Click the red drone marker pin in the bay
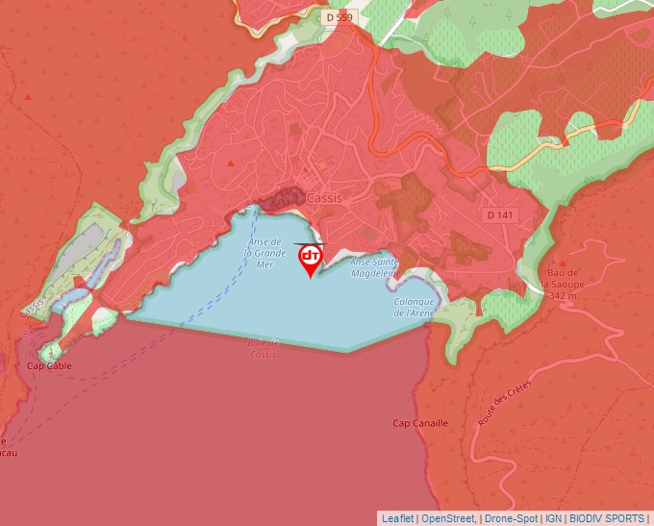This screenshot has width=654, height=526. point(311,259)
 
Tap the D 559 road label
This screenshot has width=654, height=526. point(340,17)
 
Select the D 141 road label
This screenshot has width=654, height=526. point(497,214)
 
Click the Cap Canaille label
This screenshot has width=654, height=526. point(420,423)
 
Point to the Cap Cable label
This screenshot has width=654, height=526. point(48,366)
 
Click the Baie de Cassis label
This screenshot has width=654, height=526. point(262,348)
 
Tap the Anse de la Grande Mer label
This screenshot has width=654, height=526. point(264,252)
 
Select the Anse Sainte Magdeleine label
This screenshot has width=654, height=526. point(374,267)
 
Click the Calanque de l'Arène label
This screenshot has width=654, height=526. point(415,307)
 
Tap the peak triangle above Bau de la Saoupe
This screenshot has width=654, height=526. point(563,262)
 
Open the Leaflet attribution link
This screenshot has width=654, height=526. point(397,518)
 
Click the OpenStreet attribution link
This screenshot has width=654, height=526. point(449,518)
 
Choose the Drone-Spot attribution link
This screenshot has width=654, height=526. point(511,518)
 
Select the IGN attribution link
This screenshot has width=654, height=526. point(553,518)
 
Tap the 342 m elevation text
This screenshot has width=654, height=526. point(562,296)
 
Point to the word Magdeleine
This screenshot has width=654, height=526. point(374,273)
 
